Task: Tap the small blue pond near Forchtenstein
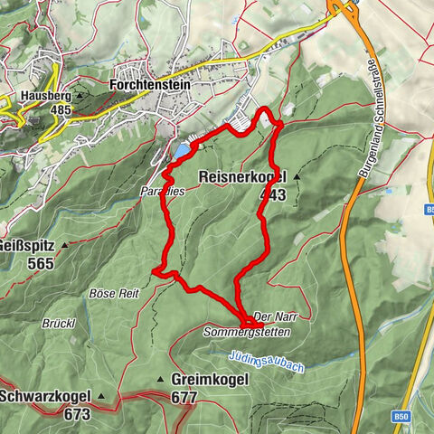coord(184,149)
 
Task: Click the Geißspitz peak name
coord(28,245)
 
